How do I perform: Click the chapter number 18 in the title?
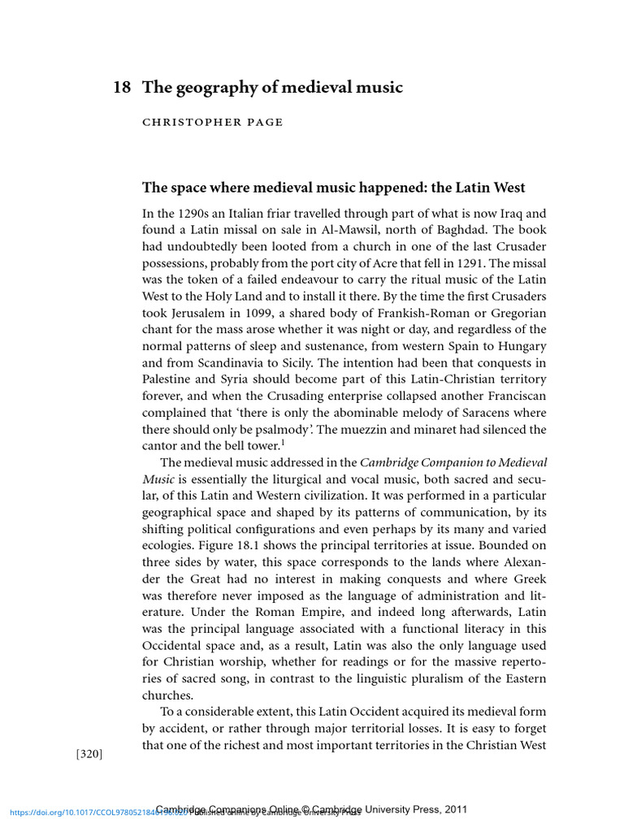click(121, 88)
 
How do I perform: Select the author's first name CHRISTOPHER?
click(184, 123)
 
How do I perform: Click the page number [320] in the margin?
click(89, 754)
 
